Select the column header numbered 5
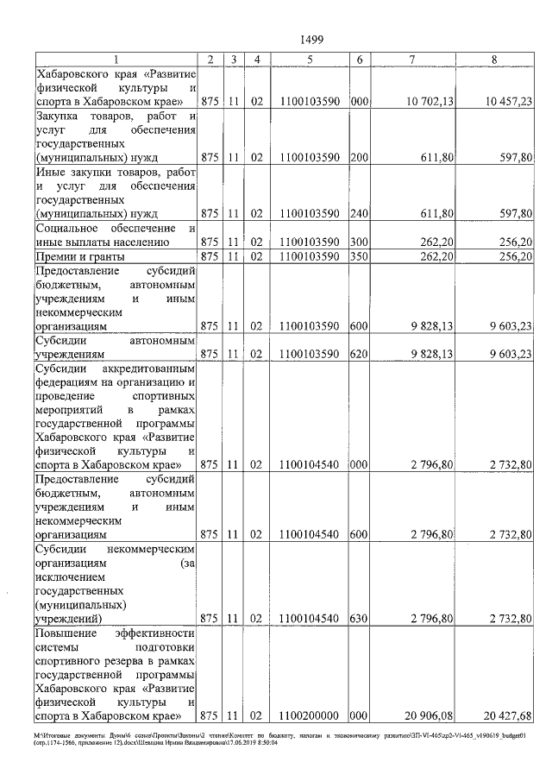coord(309,59)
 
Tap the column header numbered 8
coord(493,59)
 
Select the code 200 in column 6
coord(361,157)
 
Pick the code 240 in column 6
coord(361,212)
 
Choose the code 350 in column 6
coord(361,256)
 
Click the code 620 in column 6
coord(361,353)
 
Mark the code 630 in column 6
coord(361,618)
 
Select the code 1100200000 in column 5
coord(309,715)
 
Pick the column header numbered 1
coord(115,59)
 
